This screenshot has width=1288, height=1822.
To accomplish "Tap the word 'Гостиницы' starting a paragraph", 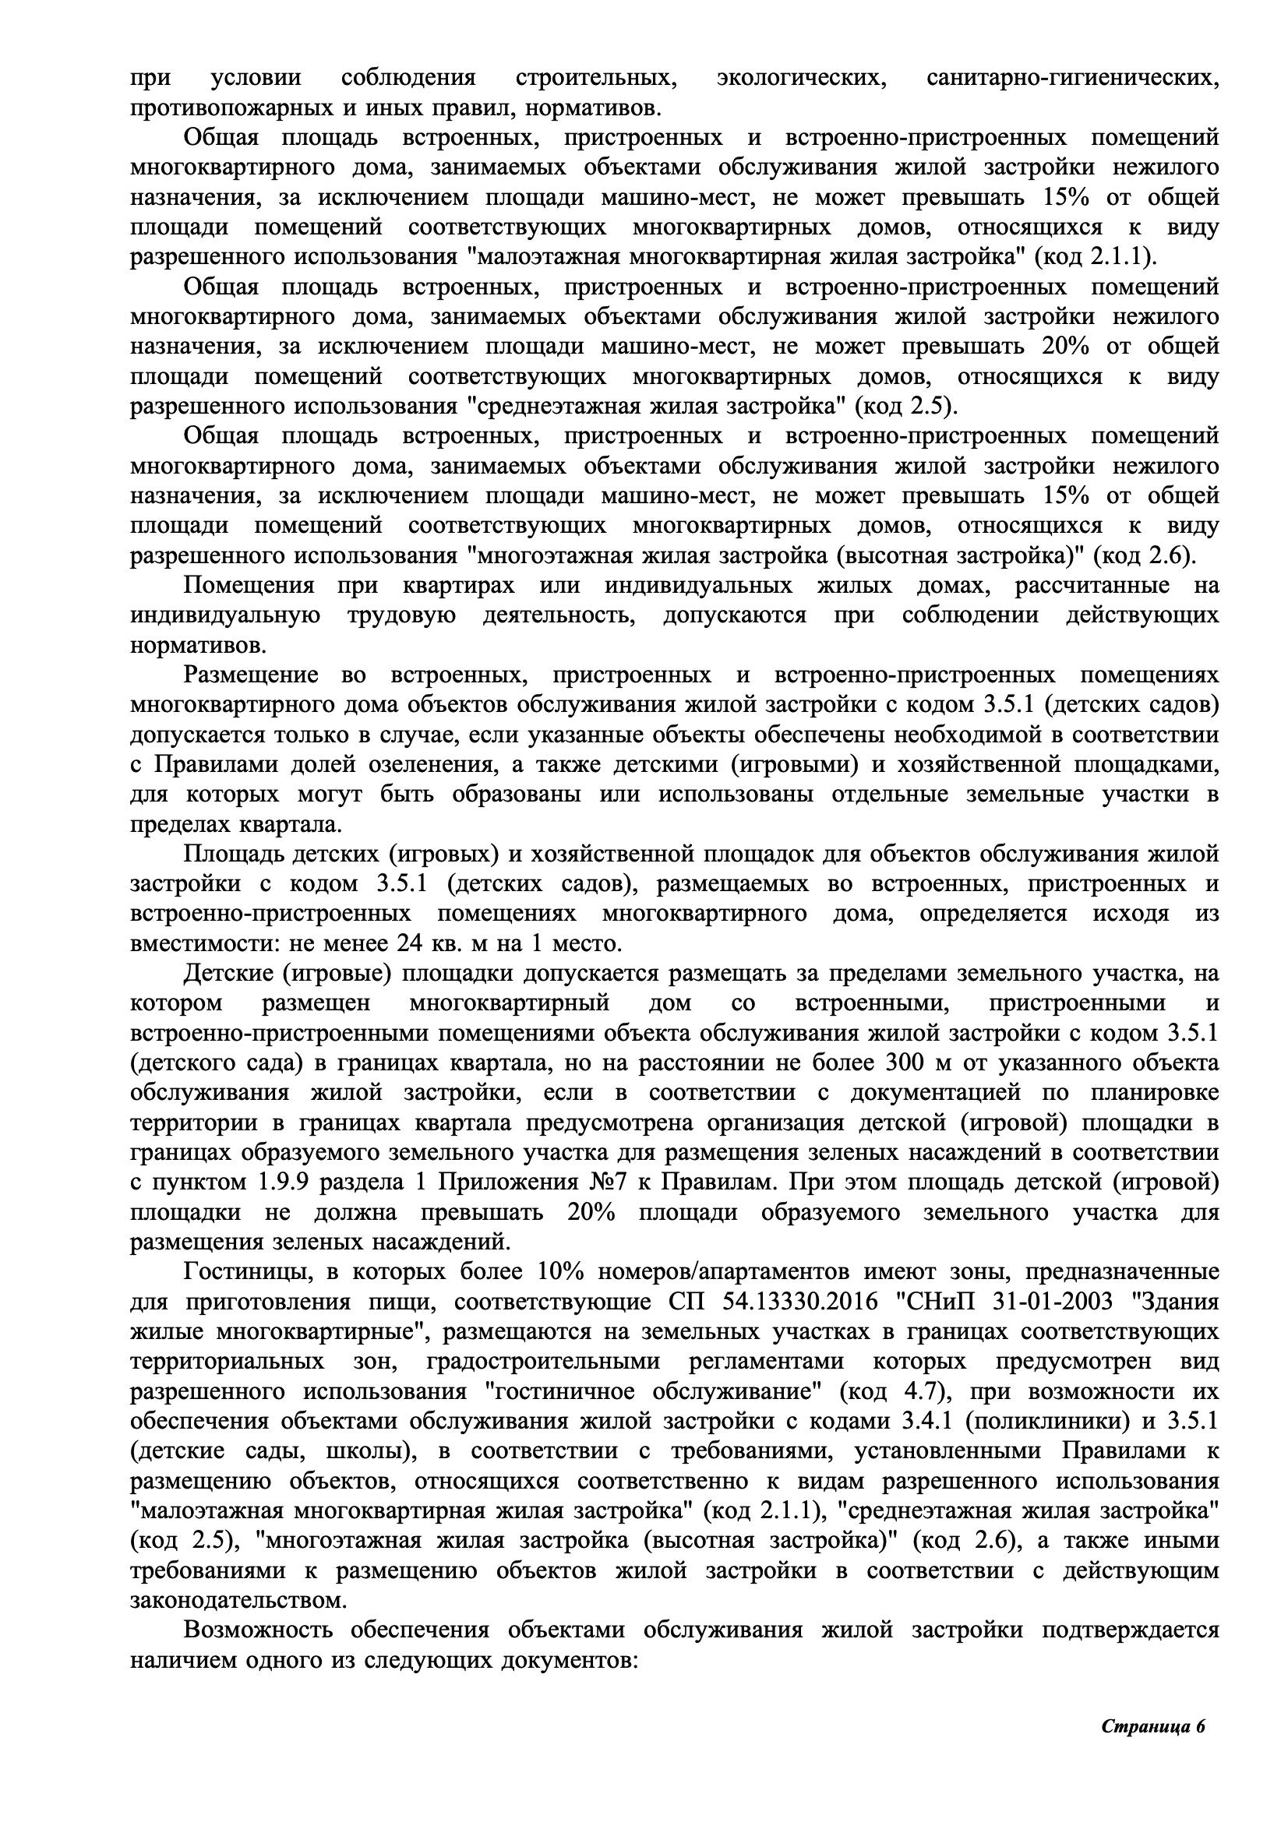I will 242,1271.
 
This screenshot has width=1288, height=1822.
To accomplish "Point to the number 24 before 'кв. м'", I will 406,943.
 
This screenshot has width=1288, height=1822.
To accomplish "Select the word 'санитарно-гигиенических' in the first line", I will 1072,78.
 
